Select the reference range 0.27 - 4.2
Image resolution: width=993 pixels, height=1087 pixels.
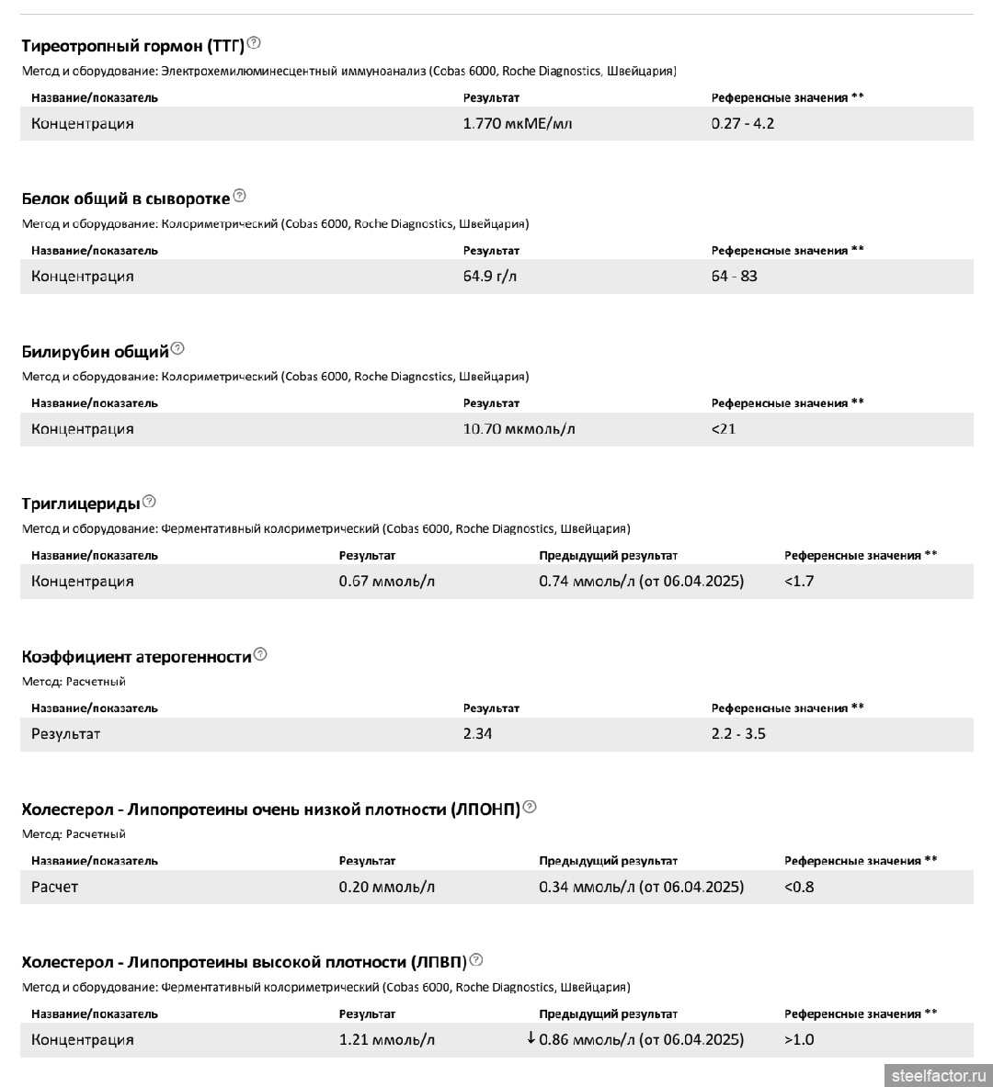(743, 123)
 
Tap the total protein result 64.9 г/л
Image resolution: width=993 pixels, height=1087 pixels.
(490, 276)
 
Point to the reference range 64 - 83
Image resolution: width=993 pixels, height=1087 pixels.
(734, 276)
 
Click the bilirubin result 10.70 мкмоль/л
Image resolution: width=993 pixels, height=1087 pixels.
(519, 429)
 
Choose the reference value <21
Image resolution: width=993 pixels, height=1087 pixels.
(724, 429)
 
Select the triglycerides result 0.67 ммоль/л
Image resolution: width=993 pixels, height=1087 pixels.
(387, 582)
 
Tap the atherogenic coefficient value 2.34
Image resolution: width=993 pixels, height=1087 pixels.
(477, 734)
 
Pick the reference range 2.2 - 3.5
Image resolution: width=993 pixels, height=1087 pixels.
(738, 734)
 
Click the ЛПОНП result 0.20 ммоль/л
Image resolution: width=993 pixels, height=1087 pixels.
(387, 887)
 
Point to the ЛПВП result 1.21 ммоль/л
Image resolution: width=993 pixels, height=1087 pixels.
(387, 1039)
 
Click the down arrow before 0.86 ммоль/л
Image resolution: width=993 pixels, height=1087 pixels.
(531, 1038)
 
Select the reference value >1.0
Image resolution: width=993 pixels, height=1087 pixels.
(799, 1039)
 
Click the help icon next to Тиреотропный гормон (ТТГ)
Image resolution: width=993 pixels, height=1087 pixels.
(254, 42)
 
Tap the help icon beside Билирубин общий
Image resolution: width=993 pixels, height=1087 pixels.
(177, 348)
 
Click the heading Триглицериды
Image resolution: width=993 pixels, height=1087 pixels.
(81, 504)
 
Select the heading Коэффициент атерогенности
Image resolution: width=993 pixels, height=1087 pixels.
(136, 656)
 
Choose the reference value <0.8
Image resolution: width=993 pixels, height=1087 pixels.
(799, 887)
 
